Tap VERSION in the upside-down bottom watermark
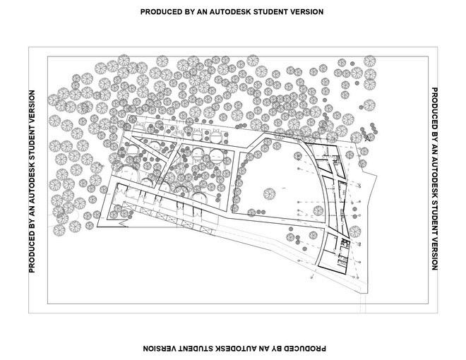click(x=162, y=348)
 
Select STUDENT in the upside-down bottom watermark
click(x=201, y=348)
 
